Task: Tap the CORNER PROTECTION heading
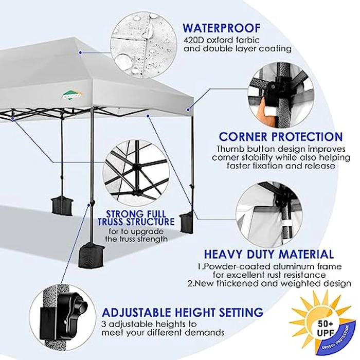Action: coord(280,137)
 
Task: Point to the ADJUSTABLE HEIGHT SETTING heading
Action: coord(183,312)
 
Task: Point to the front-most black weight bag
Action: coord(91,254)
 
